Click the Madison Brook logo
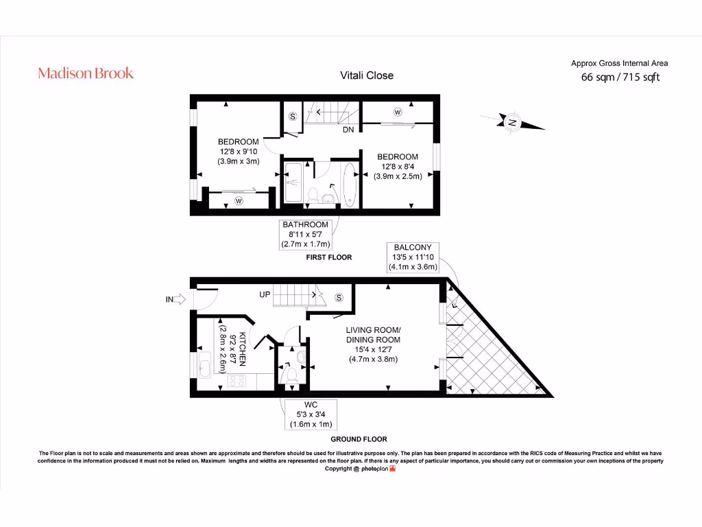(86, 73)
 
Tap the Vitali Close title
(367, 75)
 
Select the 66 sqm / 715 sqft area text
(620, 78)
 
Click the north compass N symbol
(512, 123)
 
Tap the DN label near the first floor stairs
(348, 129)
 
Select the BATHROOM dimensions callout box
(305, 234)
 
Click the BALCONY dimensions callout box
(413, 257)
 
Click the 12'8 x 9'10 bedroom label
(239, 152)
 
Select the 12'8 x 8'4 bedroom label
(398, 166)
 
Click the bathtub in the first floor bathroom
(350, 184)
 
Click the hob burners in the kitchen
(237, 380)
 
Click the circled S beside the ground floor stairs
(339, 297)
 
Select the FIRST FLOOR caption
(328, 257)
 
